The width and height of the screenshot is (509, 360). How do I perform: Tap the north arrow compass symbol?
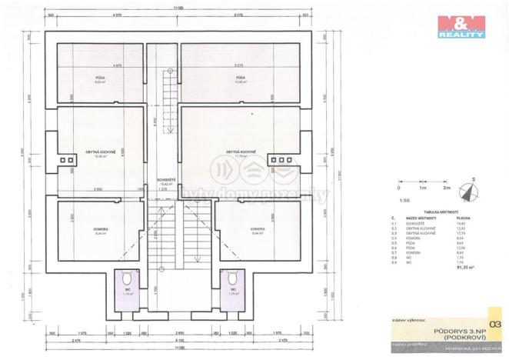point(467,188)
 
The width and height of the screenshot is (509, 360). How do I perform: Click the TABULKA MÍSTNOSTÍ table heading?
point(441,212)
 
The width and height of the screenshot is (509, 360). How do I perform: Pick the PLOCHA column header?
point(464,218)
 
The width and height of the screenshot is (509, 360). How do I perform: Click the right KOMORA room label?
point(258,228)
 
